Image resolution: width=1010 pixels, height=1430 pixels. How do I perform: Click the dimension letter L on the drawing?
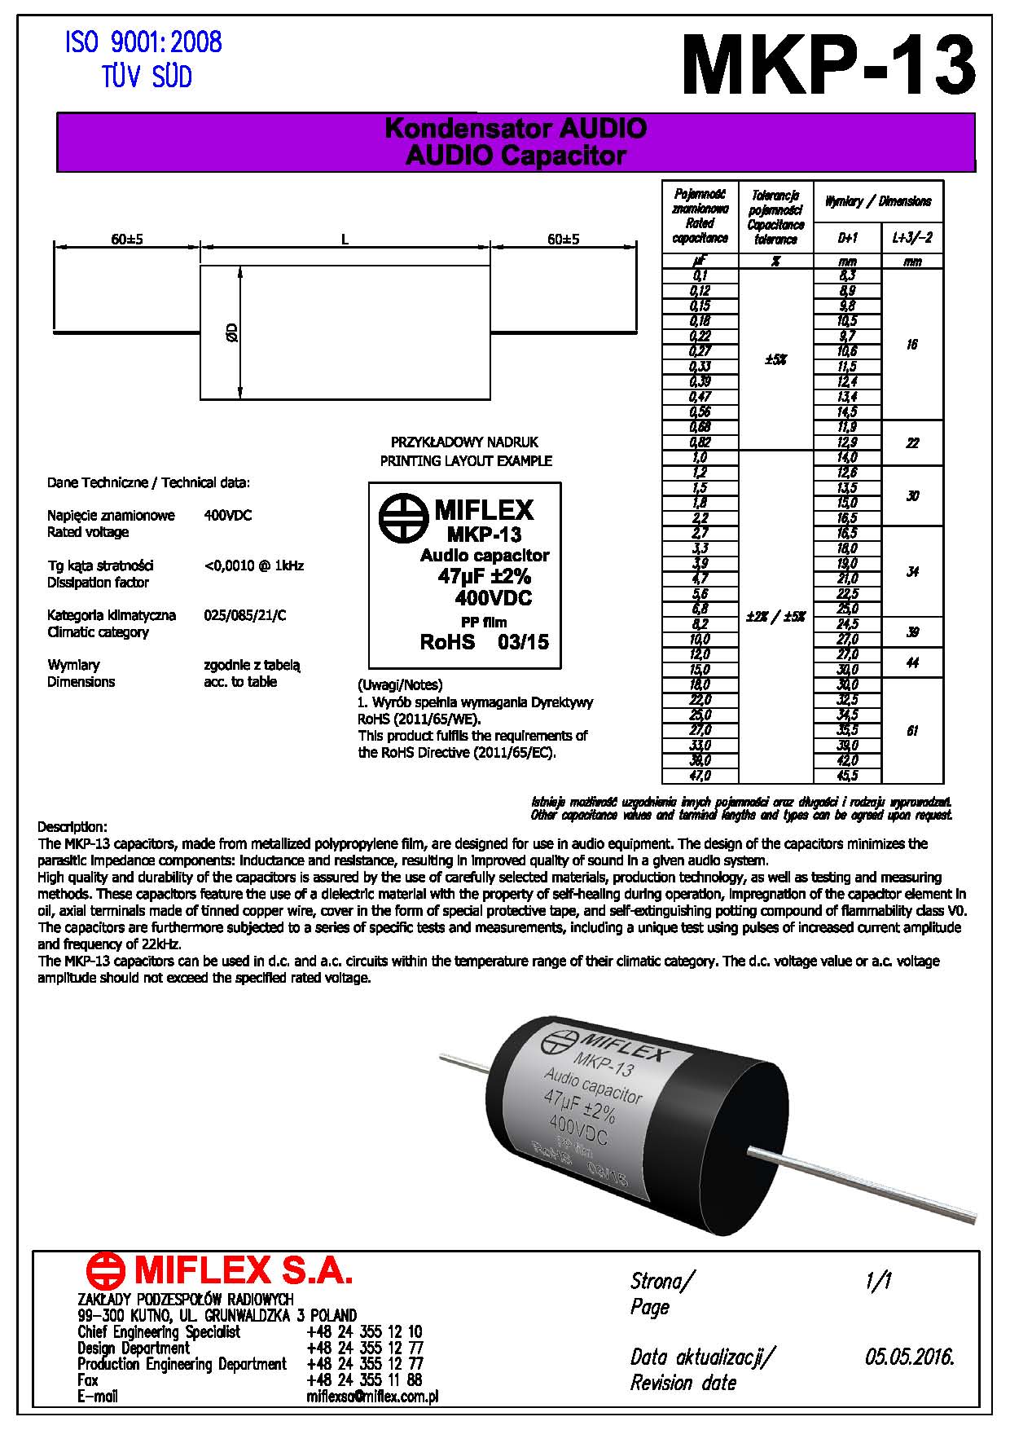pos(345,240)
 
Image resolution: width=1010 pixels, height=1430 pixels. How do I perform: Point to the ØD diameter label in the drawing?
pos(232,332)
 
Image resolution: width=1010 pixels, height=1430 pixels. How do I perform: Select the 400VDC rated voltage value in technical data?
pos(227,516)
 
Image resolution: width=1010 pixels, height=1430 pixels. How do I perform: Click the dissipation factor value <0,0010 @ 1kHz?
pos(253,565)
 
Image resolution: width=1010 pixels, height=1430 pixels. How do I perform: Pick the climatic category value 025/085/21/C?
pos(244,615)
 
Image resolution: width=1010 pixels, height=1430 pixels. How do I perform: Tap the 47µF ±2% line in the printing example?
pos(484,577)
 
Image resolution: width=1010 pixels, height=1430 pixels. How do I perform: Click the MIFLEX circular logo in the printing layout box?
pos(402,518)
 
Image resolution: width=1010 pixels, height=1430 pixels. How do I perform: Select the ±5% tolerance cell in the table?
pos(775,359)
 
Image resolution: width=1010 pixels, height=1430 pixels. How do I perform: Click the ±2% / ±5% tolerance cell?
pos(775,617)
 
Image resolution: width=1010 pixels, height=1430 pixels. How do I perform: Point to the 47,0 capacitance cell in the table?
pos(700,776)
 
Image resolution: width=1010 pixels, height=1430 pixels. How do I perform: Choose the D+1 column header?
pos(847,238)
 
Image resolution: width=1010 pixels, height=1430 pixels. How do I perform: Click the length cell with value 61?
pos(912,731)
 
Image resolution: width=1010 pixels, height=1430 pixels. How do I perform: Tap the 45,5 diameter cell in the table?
pos(847,776)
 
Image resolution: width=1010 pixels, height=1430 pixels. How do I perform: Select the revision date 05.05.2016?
pos(909,1357)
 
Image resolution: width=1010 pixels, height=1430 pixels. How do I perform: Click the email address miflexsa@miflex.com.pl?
pos(372,1397)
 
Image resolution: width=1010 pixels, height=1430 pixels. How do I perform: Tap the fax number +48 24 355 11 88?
pos(364,1380)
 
